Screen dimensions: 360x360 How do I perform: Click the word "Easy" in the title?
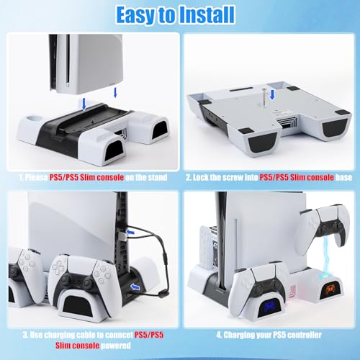(135, 14)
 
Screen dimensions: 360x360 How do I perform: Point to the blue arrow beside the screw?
(272, 95)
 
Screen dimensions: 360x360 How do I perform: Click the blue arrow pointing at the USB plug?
(130, 232)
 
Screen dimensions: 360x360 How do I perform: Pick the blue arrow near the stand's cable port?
(135, 287)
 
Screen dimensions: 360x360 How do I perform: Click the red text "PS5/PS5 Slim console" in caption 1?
(86, 177)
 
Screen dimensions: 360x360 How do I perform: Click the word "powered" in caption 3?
(116, 346)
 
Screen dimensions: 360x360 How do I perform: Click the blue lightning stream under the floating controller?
(326, 261)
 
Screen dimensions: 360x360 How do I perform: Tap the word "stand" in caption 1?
(158, 177)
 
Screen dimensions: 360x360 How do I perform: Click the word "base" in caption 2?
(343, 177)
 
